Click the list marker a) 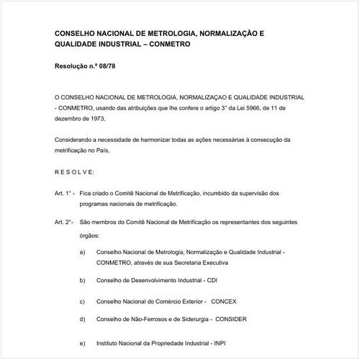coord(83,253)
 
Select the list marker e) coord(83,343)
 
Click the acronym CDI coord(212,279)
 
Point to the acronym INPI coord(225,343)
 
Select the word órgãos coord(91,235)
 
